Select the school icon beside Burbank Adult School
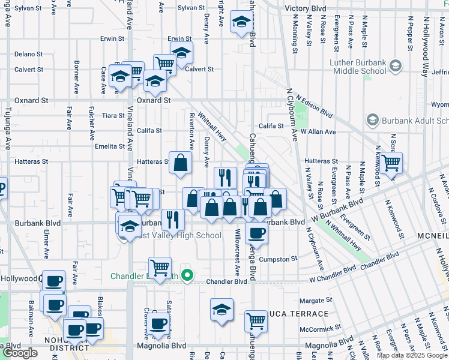[x=372, y=121]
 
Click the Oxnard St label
[x=153, y=100]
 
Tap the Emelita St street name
[x=109, y=146]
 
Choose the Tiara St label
[x=113, y=115]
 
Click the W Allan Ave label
[x=318, y=131]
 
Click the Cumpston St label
[x=282, y=259]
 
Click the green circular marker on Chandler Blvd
[x=187, y=276]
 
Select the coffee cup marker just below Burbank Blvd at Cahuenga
[x=257, y=233]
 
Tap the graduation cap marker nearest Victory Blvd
[x=241, y=23]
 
